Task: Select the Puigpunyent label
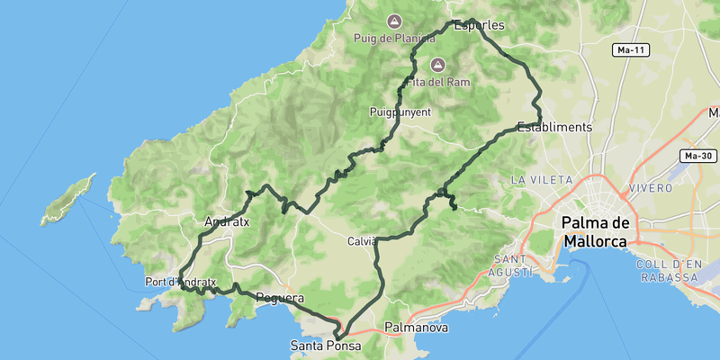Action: [x=400, y=112]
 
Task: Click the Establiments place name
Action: [x=554, y=127]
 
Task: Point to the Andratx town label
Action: [x=227, y=220]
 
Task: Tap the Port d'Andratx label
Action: [x=181, y=282]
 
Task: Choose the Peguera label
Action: [x=279, y=298]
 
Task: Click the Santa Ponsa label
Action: [x=325, y=346]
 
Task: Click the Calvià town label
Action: [x=362, y=241]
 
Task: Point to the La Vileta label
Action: [x=536, y=180]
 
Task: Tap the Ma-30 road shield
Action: [x=698, y=156]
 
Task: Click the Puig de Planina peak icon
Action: [x=393, y=21]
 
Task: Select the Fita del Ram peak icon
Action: [x=438, y=65]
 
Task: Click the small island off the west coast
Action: [x=67, y=200]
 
